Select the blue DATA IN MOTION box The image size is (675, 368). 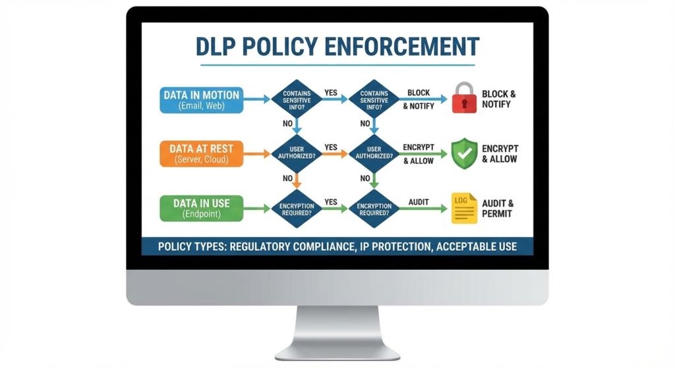201,99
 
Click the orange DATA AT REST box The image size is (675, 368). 201,153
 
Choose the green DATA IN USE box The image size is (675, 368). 201,208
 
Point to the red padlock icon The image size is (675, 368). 464,98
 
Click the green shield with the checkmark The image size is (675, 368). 463,153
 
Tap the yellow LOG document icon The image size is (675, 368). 463,208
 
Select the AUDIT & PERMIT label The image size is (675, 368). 498,208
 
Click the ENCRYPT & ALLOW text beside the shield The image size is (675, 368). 500,153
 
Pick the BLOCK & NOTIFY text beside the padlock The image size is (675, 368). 498,99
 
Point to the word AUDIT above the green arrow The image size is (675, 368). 419,201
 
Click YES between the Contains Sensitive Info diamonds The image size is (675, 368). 331,93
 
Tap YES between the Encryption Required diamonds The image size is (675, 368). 331,202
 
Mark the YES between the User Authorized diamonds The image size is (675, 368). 331,147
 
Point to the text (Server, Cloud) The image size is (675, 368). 201,160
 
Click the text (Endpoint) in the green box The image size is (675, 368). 201,215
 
